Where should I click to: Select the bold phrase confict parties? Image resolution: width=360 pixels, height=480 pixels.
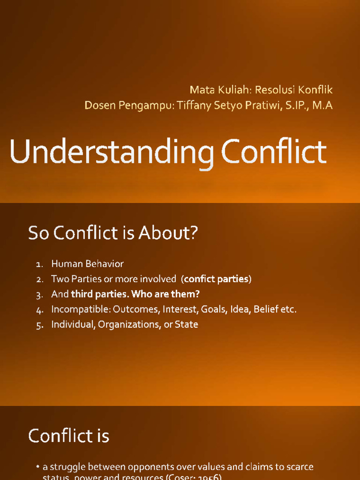(x=216, y=279)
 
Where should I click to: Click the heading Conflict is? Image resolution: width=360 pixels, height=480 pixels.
(x=68, y=436)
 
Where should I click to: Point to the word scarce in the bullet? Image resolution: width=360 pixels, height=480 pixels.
(x=300, y=467)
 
